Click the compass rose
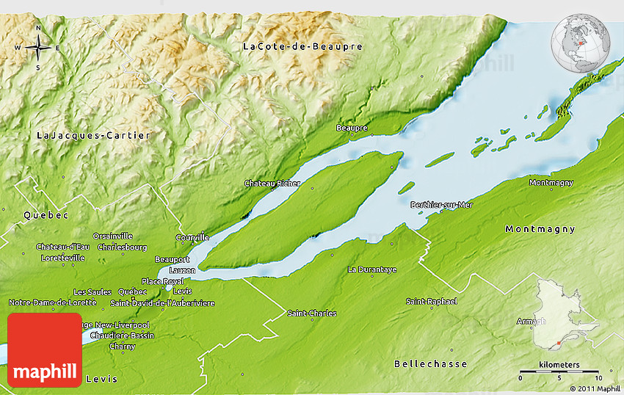coord(38,48)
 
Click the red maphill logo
coord(45,350)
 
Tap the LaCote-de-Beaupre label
coord(302,47)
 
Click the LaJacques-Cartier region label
coord(93,136)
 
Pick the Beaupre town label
coord(351,128)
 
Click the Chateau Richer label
coord(272,183)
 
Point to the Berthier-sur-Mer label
coord(442,205)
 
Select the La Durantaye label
coord(372,269)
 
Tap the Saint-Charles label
coord(312,314)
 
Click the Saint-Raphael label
coord(432,302)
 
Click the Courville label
coord(192,238)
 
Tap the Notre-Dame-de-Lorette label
coord(42,302)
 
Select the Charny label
coord(122,346)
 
